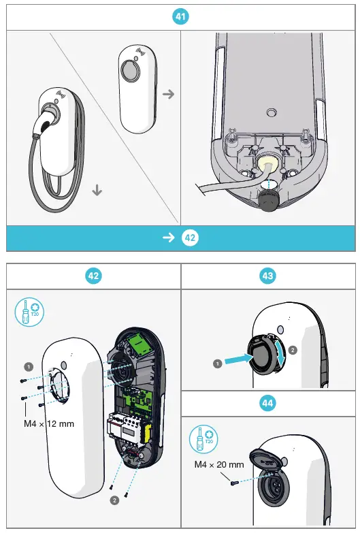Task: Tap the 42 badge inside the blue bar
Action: coord(191,238)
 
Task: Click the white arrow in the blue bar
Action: coord(168,238)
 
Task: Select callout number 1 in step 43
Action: coord(216,364)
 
